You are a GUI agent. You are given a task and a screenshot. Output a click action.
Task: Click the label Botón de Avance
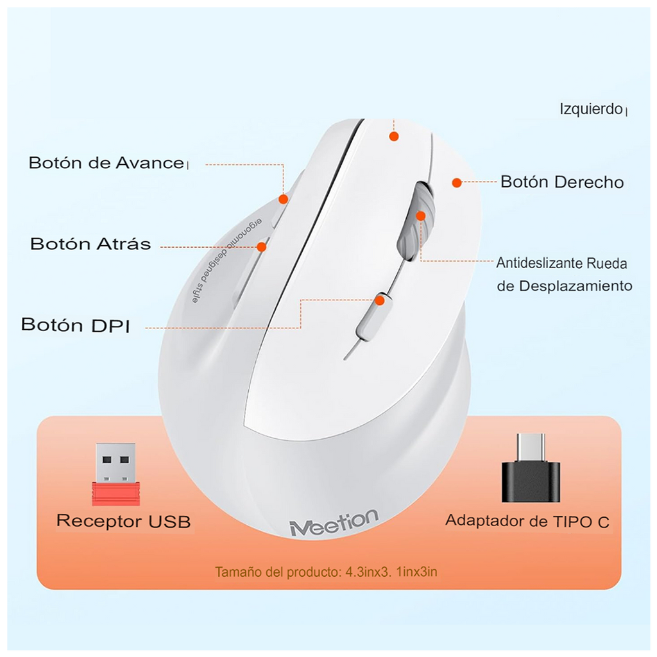click(x=106, y=163)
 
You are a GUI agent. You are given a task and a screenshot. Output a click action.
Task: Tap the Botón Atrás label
click(x=90, y=244)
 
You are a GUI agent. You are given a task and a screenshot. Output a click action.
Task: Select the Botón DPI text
click(x=76, y=325)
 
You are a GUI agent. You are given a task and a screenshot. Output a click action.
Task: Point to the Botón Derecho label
click(x=562, y=182)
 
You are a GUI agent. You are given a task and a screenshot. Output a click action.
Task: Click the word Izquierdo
click(x=591, y=109)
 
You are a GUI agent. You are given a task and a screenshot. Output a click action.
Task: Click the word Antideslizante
click(x=539, y=263)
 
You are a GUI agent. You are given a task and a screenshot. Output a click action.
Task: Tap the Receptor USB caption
click(x=123, y=521)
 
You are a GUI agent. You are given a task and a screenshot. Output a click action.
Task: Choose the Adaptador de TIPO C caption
click(x=527, y=521)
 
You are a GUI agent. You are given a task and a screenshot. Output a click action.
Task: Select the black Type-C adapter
click(x=531, y=468)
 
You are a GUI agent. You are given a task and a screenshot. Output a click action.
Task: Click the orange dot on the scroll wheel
click(x=421, y=216)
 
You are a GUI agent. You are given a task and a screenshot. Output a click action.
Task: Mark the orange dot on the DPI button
click(x=380, y=300)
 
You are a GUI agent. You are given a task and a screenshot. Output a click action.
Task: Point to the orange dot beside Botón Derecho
click(x=456, y=183)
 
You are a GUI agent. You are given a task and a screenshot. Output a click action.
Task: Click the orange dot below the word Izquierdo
click(x=394, y=136)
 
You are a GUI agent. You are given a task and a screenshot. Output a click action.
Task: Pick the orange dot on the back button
click(x=262, y=246)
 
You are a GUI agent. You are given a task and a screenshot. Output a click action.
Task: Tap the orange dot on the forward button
click(x=283, y=200)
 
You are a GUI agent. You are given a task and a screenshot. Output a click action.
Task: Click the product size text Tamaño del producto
click(x=326, y=572)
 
